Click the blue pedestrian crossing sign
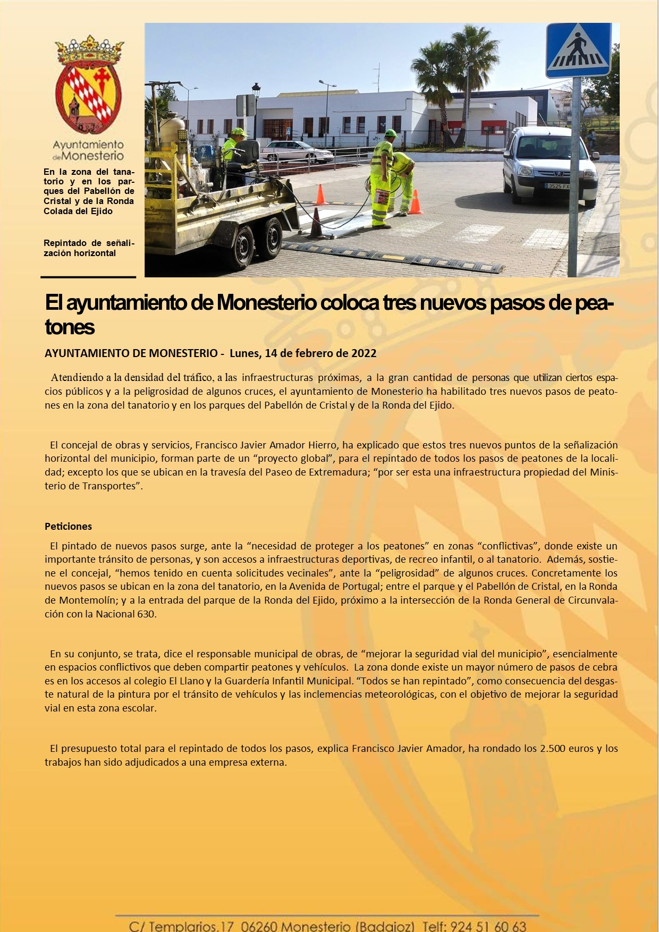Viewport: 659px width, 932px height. (578, 50)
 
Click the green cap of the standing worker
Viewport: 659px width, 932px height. (391, 133)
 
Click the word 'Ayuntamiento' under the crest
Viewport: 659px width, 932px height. (88, 145)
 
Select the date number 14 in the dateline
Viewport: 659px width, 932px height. (271, 353)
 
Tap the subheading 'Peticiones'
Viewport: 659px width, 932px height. (68, 527)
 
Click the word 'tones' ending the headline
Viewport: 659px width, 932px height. (70, 327)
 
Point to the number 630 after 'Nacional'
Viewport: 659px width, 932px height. (146, 614)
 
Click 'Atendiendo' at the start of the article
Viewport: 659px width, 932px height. (77, 378)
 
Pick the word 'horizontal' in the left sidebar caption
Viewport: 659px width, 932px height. (95, 253)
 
